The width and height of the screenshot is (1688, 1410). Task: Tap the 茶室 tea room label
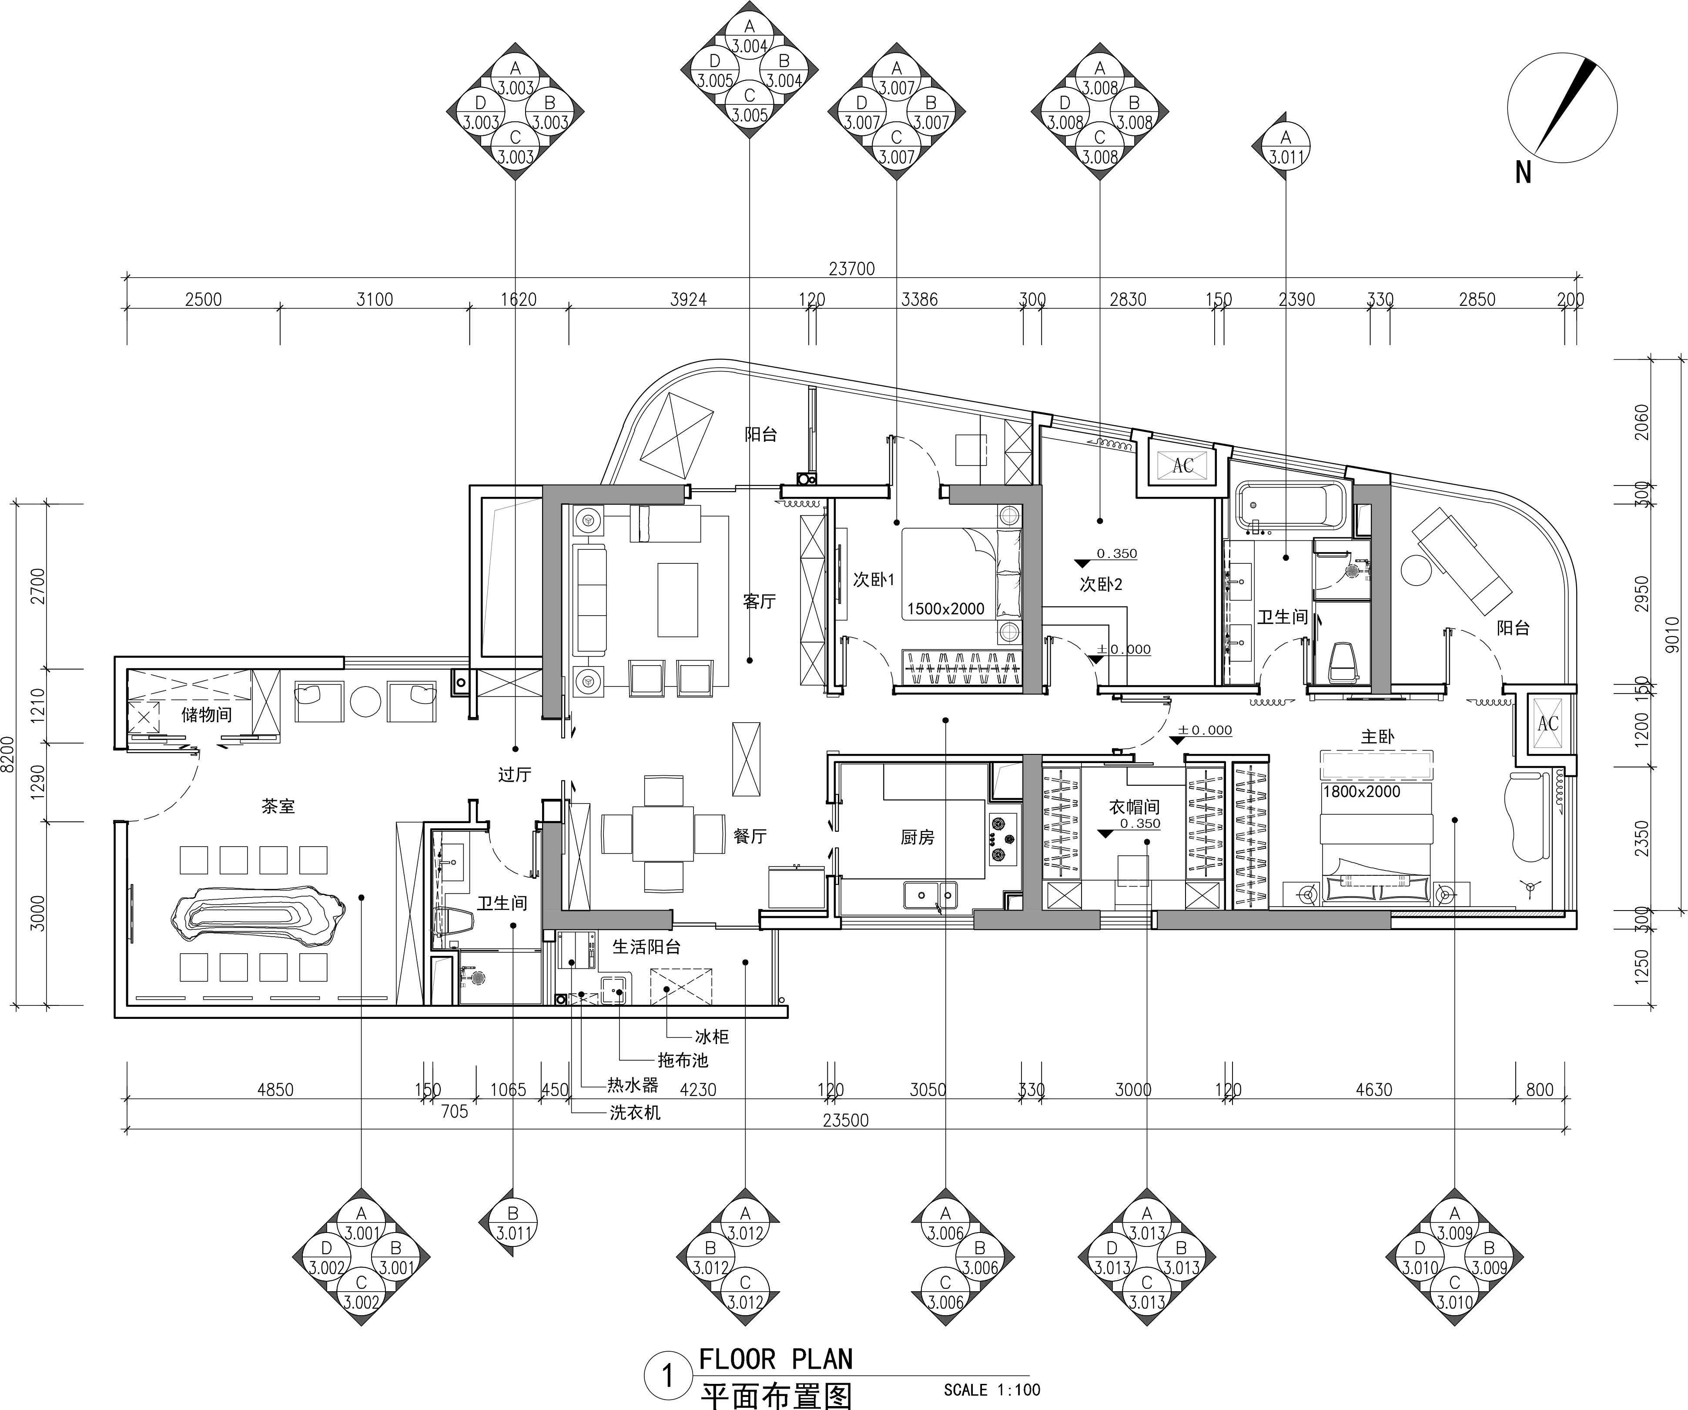(278, 806)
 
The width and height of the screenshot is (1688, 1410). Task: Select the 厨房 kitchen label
(917, 837)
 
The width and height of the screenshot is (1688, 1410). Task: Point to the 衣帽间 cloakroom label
(1134, 806)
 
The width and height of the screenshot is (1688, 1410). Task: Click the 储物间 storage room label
(207, 715)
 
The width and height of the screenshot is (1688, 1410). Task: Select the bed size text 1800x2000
(1362, 791)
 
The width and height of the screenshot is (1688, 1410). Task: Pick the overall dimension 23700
(851, 268)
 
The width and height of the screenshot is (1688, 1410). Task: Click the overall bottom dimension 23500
(846, 1120)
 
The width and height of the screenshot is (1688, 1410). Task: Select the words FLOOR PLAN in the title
(776, 1359)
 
